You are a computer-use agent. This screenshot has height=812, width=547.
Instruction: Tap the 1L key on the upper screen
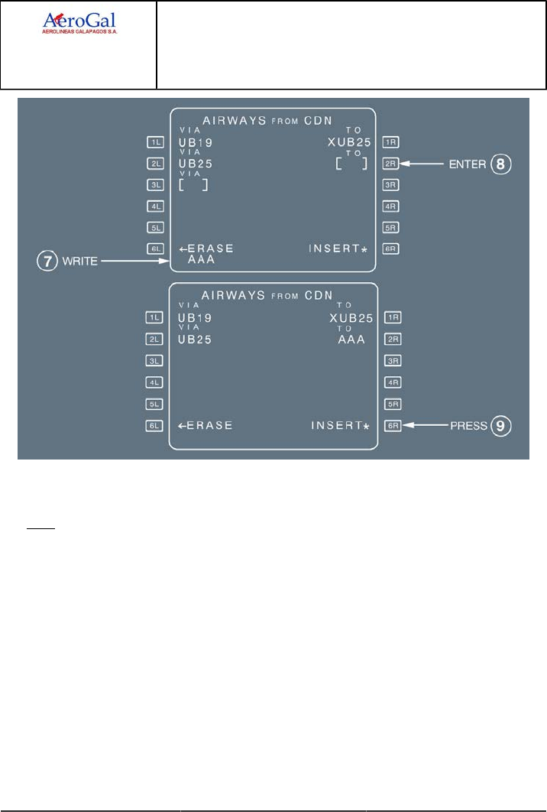(x=156, y=142)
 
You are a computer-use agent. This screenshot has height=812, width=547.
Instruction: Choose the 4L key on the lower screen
(x=156, y=382)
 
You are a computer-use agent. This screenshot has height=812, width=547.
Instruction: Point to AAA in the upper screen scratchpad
(x=200, y=260)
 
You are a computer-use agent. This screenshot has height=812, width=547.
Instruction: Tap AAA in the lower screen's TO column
(x=351, y=339)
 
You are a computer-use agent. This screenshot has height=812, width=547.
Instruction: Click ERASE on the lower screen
(x=206, y=426)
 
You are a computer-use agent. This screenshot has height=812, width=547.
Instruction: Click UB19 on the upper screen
(x=195, y=142)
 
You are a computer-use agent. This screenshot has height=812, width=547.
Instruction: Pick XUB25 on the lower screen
(x=351, y=317)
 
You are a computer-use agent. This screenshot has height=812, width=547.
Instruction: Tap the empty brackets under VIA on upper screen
(x=193, y=185)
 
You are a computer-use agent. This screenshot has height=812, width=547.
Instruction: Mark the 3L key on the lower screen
(x=156, y=360)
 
